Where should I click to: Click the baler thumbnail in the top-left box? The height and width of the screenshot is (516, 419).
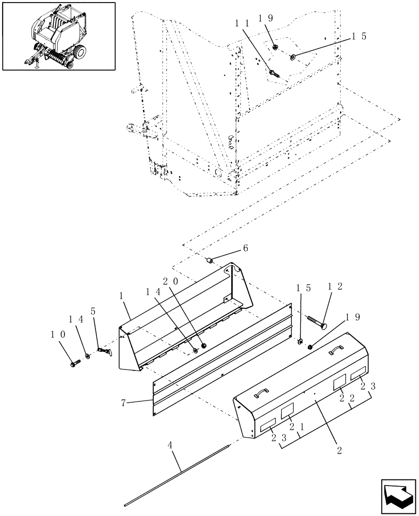pos(58,36)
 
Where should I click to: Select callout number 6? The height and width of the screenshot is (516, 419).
pos(246,248)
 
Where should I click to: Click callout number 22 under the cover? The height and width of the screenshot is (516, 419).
pos(347,398)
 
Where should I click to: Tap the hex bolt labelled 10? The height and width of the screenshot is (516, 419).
pos(74,363)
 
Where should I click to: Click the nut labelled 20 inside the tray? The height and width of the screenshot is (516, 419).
pos(203,345)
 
